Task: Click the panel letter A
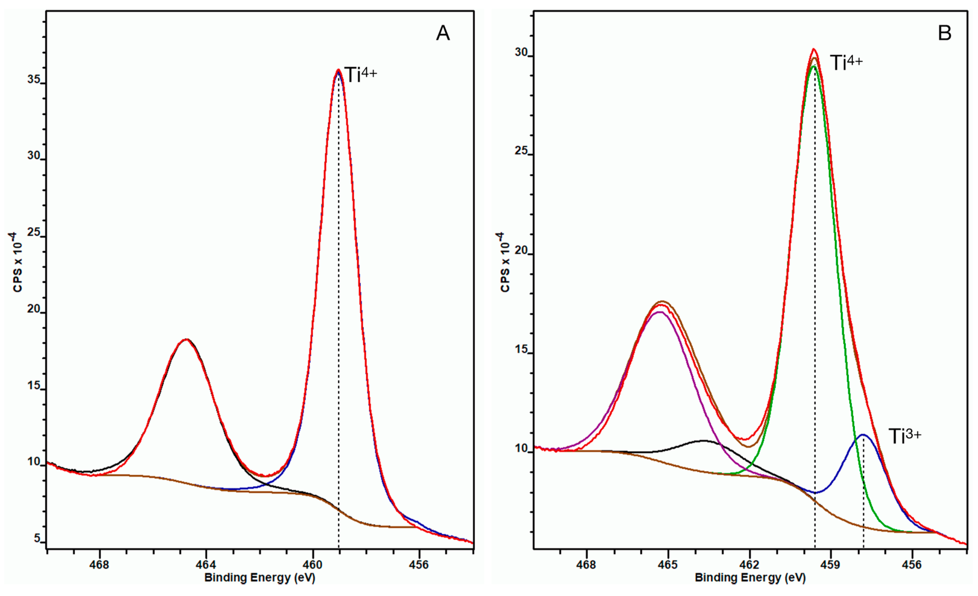[443, 33]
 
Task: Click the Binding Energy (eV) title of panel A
[260, 578]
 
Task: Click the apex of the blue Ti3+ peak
[863, 435]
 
